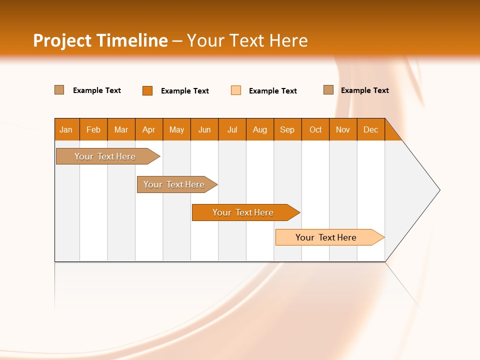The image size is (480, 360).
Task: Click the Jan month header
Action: tap(66, 129)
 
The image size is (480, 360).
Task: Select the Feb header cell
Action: tap(93, 129)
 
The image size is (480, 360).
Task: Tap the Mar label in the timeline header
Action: tap(121, 129)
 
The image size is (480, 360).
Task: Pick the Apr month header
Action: tap(149, 129)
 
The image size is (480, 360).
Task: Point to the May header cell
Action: tap(176, 129)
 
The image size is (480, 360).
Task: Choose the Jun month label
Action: tap(204, 129)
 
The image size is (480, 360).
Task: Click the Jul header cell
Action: tap(232, 129)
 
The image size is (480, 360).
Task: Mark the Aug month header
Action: tap(260, 129)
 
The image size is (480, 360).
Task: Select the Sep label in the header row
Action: tap(287, 129)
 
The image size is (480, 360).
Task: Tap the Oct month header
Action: tap(315, 129)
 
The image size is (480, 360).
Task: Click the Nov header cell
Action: tap(343, 129)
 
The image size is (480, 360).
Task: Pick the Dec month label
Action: tap(370, 129)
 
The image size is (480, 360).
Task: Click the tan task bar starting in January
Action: tap(105, 156)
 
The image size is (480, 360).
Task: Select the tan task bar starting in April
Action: tap(174, 184)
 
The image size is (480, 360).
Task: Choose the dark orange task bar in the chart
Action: tap(243, 212)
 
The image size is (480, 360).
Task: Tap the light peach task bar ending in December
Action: tap(326, 237)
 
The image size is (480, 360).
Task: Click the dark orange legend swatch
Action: tap(147, 90)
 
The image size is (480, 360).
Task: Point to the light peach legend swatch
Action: tap(236, 90)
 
